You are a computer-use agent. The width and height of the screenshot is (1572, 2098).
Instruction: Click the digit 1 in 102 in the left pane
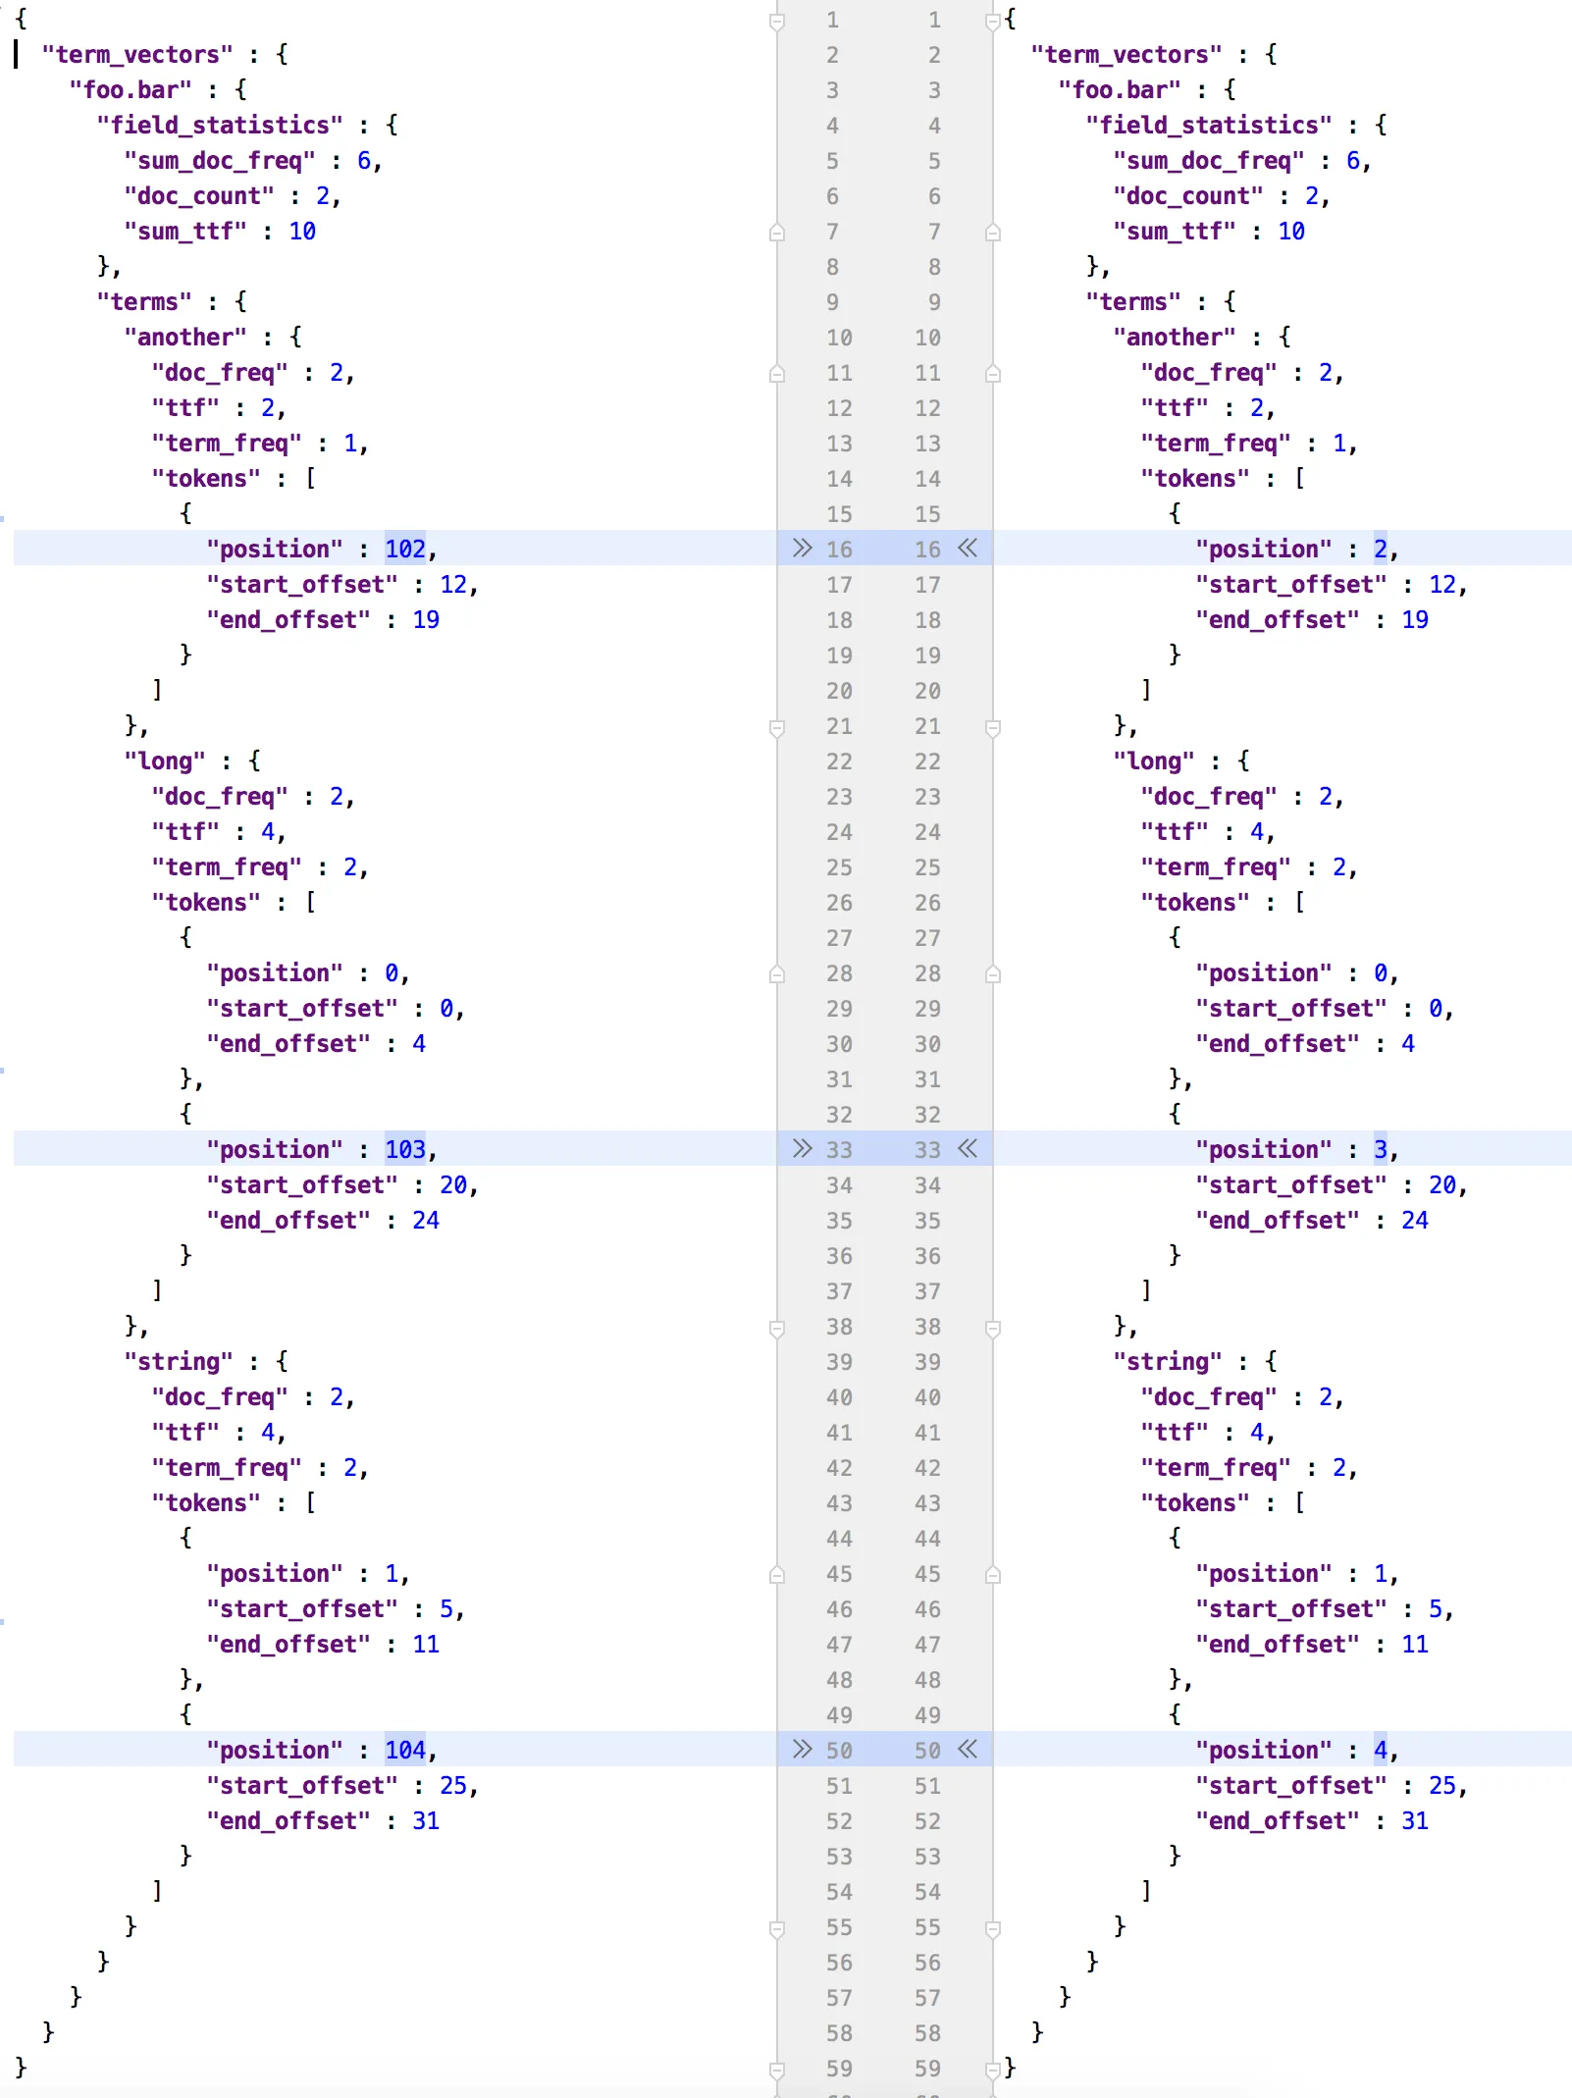pyautogui.click(x=392, y=549)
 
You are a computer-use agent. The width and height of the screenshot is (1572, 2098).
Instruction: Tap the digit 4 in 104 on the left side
pyautogui.click(x=419, y=1750)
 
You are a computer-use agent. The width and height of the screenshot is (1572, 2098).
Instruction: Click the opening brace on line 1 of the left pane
pyautogui.click(x=22, y=19)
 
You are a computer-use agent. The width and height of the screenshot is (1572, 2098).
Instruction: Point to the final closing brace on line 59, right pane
pyautogui.click(x=1011, y=2068)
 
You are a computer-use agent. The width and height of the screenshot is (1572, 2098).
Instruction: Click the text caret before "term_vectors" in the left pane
pyautogui.click(x=17, y=54)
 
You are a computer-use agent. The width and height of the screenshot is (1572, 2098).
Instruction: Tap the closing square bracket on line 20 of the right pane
pyautogui.click(x=1146, y=690)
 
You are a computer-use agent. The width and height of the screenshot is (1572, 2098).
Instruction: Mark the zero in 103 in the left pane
pyautogui.click(x=405, y=1149)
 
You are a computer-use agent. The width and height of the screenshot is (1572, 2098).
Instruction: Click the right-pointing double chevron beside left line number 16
pyautogui.click(x=803, y=548)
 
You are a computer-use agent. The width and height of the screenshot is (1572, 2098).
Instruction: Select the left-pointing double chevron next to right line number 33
pyautogui.click(x=968, y=1148)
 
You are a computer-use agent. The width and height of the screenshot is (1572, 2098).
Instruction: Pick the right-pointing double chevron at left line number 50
pyautogui.click(x=803, y=1749)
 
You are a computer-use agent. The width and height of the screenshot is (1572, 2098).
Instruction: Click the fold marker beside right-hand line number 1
pyautogui.click(x=993, y=20)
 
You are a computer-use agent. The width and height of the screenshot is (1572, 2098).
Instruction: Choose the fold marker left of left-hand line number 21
pyautogui.click(x=777, y=727)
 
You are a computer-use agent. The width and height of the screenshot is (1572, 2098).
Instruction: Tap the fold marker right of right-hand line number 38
pyautogui.click(x=993, y=1328)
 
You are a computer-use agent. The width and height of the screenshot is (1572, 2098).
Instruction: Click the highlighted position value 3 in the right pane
pyautogui.click(x=1381, y=1149)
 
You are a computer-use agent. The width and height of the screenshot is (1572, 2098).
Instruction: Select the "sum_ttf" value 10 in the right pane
pyautogui.click(x=1291, y=231)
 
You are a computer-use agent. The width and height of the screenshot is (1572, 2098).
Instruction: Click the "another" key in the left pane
pyautogui.click(x=185, y=337)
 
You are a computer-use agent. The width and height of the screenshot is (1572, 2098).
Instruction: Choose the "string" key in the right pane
pyautogui.click(x=1168, y=1361)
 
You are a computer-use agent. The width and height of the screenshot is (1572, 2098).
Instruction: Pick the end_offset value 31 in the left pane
pyautogui.click(x=426, y=1820)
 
